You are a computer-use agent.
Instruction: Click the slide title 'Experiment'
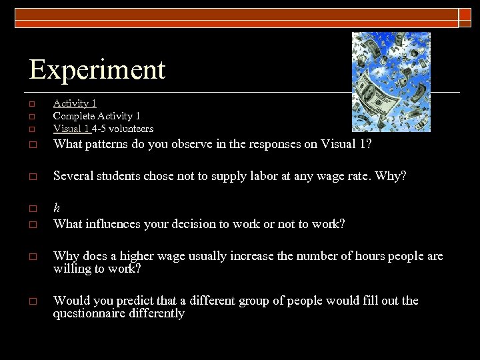tap(97, 69)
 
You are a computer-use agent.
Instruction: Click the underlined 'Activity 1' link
tap(75, 103)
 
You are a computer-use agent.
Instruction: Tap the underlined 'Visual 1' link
tap(71, 128)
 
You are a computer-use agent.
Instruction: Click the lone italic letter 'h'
tap(57, 208)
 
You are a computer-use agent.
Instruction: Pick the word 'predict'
tap(143, 301)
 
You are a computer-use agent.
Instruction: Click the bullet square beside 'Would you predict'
tap(31, 301)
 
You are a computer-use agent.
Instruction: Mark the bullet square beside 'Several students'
tap(31, 177)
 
